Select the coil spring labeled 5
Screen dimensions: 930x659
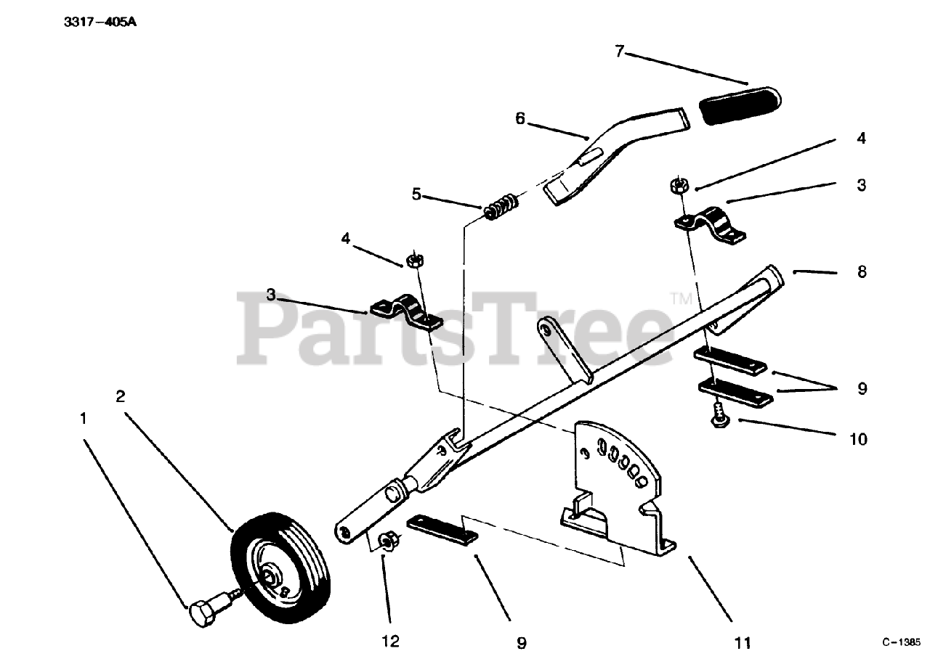pyautogui.click(x=501, y=205)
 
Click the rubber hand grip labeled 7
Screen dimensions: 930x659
pyautogui.click(x=738, y=104)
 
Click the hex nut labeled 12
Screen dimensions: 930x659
pyautogui.click(x=386, y=541)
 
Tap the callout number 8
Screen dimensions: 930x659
pyautogui.click(x=862, y=272)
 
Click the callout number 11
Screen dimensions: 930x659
pyautogui.click(x=743, y=642)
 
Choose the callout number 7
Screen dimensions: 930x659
pyautogui.click(x=619, y=52)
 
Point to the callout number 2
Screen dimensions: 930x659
pyautogui.click(x=120, y=396)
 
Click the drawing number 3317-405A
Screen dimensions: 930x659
pyautogui.click(x=100, y=22)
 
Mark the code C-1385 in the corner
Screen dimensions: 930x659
pyautogui.click(x=902, y=642)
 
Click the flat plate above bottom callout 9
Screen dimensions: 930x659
pyautogui.click(x=442, y=528)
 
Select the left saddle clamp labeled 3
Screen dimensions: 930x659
pyautogui.click(x=406, y=314)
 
